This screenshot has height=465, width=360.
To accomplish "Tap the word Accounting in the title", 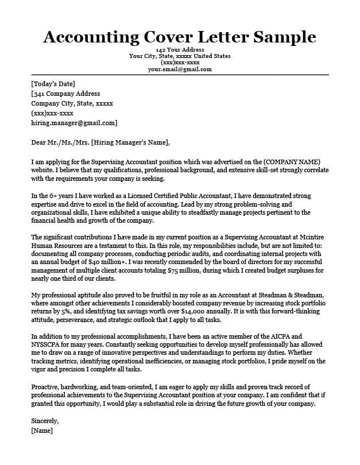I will point(87,37).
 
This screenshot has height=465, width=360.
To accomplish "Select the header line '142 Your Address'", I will point(180,51).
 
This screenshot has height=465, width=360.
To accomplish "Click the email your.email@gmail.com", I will point(180,69).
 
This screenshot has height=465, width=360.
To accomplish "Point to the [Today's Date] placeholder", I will point(53,84).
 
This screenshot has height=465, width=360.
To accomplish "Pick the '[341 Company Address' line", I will point(65,94).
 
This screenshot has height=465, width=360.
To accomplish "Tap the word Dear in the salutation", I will point(39,142).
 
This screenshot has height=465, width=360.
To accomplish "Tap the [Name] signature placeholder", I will point(42,430).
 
